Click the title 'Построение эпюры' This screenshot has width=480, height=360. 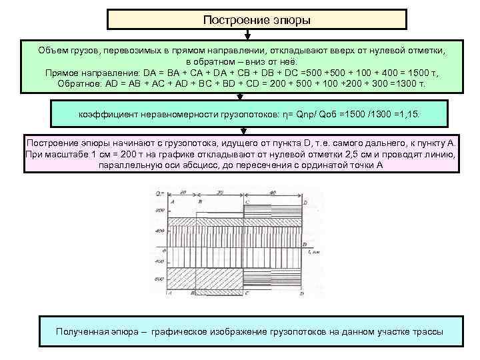pos(257,20)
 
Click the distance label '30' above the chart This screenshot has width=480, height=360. pos(220,192)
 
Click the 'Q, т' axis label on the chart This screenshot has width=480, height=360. pos(159,194)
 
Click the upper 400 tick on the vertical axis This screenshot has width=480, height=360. pos(160,231)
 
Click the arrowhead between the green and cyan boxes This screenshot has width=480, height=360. pos(257,97)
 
